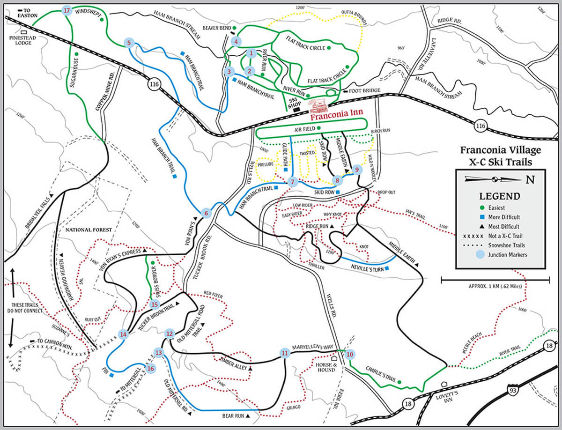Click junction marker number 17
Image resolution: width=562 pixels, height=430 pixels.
coord(66,10)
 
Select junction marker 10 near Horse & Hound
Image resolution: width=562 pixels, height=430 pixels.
coord(349,355)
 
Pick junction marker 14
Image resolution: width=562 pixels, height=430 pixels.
coord(123,334)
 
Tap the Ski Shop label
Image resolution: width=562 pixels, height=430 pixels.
coord(293,102)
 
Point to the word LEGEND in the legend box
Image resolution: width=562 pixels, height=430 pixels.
coord(500,196)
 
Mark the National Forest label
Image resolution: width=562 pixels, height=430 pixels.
coord(89,230)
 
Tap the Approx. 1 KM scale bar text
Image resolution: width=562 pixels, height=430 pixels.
coord(495,286)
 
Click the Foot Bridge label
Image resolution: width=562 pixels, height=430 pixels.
coord(360,91)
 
